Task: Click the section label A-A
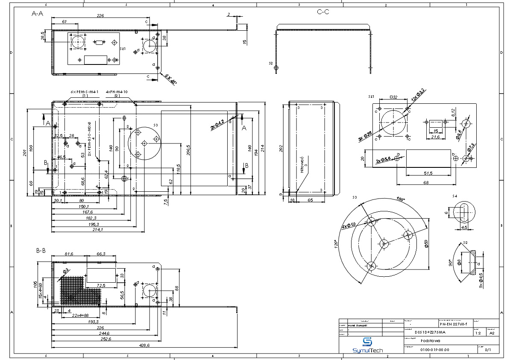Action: pyautogui.click(x=38, y=14)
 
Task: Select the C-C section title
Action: pyautogui.click(x=323, y=12)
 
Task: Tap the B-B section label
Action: pyautogui.click(x=41, y=251)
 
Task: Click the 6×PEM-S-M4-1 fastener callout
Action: pyautogui.click(x=85, y=92)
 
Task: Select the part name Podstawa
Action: pyautogui.click(x=429, y=341)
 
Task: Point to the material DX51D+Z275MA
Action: pyautogui.click(x=430, y=332)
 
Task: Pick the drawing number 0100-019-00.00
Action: pyautogui.click(x=434, y=350)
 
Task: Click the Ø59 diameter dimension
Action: pyautogui.click(x=426, y=244)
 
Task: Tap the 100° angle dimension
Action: pyautogui.click(x=400, y=199)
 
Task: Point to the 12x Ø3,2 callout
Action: pyautogui.click(x=418, y=95)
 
